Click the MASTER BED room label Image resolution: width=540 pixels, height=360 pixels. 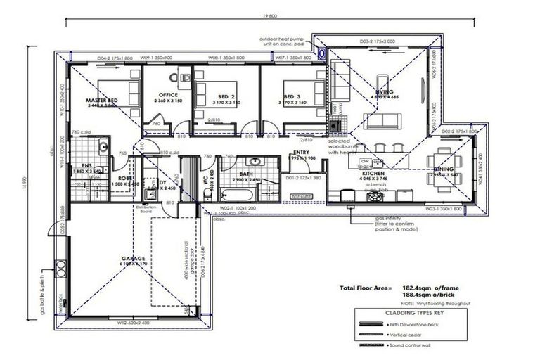(102, 101)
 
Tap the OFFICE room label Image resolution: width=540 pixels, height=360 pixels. (168, 94)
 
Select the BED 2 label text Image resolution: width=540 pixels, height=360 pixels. (226, 96)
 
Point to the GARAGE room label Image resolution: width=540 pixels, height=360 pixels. (133, 259)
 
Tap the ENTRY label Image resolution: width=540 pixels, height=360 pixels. (302, 152)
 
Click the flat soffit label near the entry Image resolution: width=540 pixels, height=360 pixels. (301, 196)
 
